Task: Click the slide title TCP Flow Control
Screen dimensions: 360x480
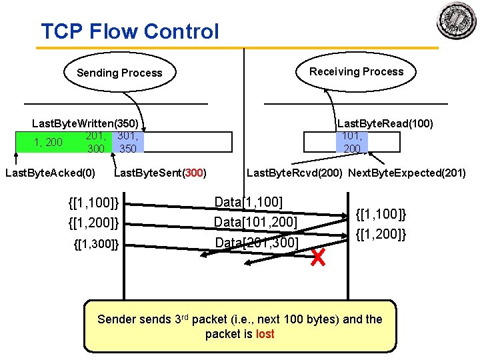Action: tap(129, 31)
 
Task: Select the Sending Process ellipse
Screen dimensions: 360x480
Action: tap(119, 73)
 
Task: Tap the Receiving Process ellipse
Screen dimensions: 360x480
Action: tap(356, 71)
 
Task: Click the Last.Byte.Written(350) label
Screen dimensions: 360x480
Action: tap(85, 123)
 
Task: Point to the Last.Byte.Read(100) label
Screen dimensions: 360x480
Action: tap(385, 123)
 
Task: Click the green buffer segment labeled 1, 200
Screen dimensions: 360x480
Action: tap(48, 142)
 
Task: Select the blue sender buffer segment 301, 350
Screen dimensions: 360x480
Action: tap(127, 142)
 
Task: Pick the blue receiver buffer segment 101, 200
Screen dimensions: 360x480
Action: tap(352, 142)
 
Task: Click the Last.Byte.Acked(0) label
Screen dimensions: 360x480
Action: tap(50, 173)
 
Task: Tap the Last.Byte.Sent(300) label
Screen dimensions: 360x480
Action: tap(161, 173)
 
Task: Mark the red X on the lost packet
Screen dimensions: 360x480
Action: tap(318, 257)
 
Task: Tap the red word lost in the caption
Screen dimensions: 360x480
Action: tap(265, 334)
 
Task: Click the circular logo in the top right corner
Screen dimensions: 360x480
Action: tap(457, 21)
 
